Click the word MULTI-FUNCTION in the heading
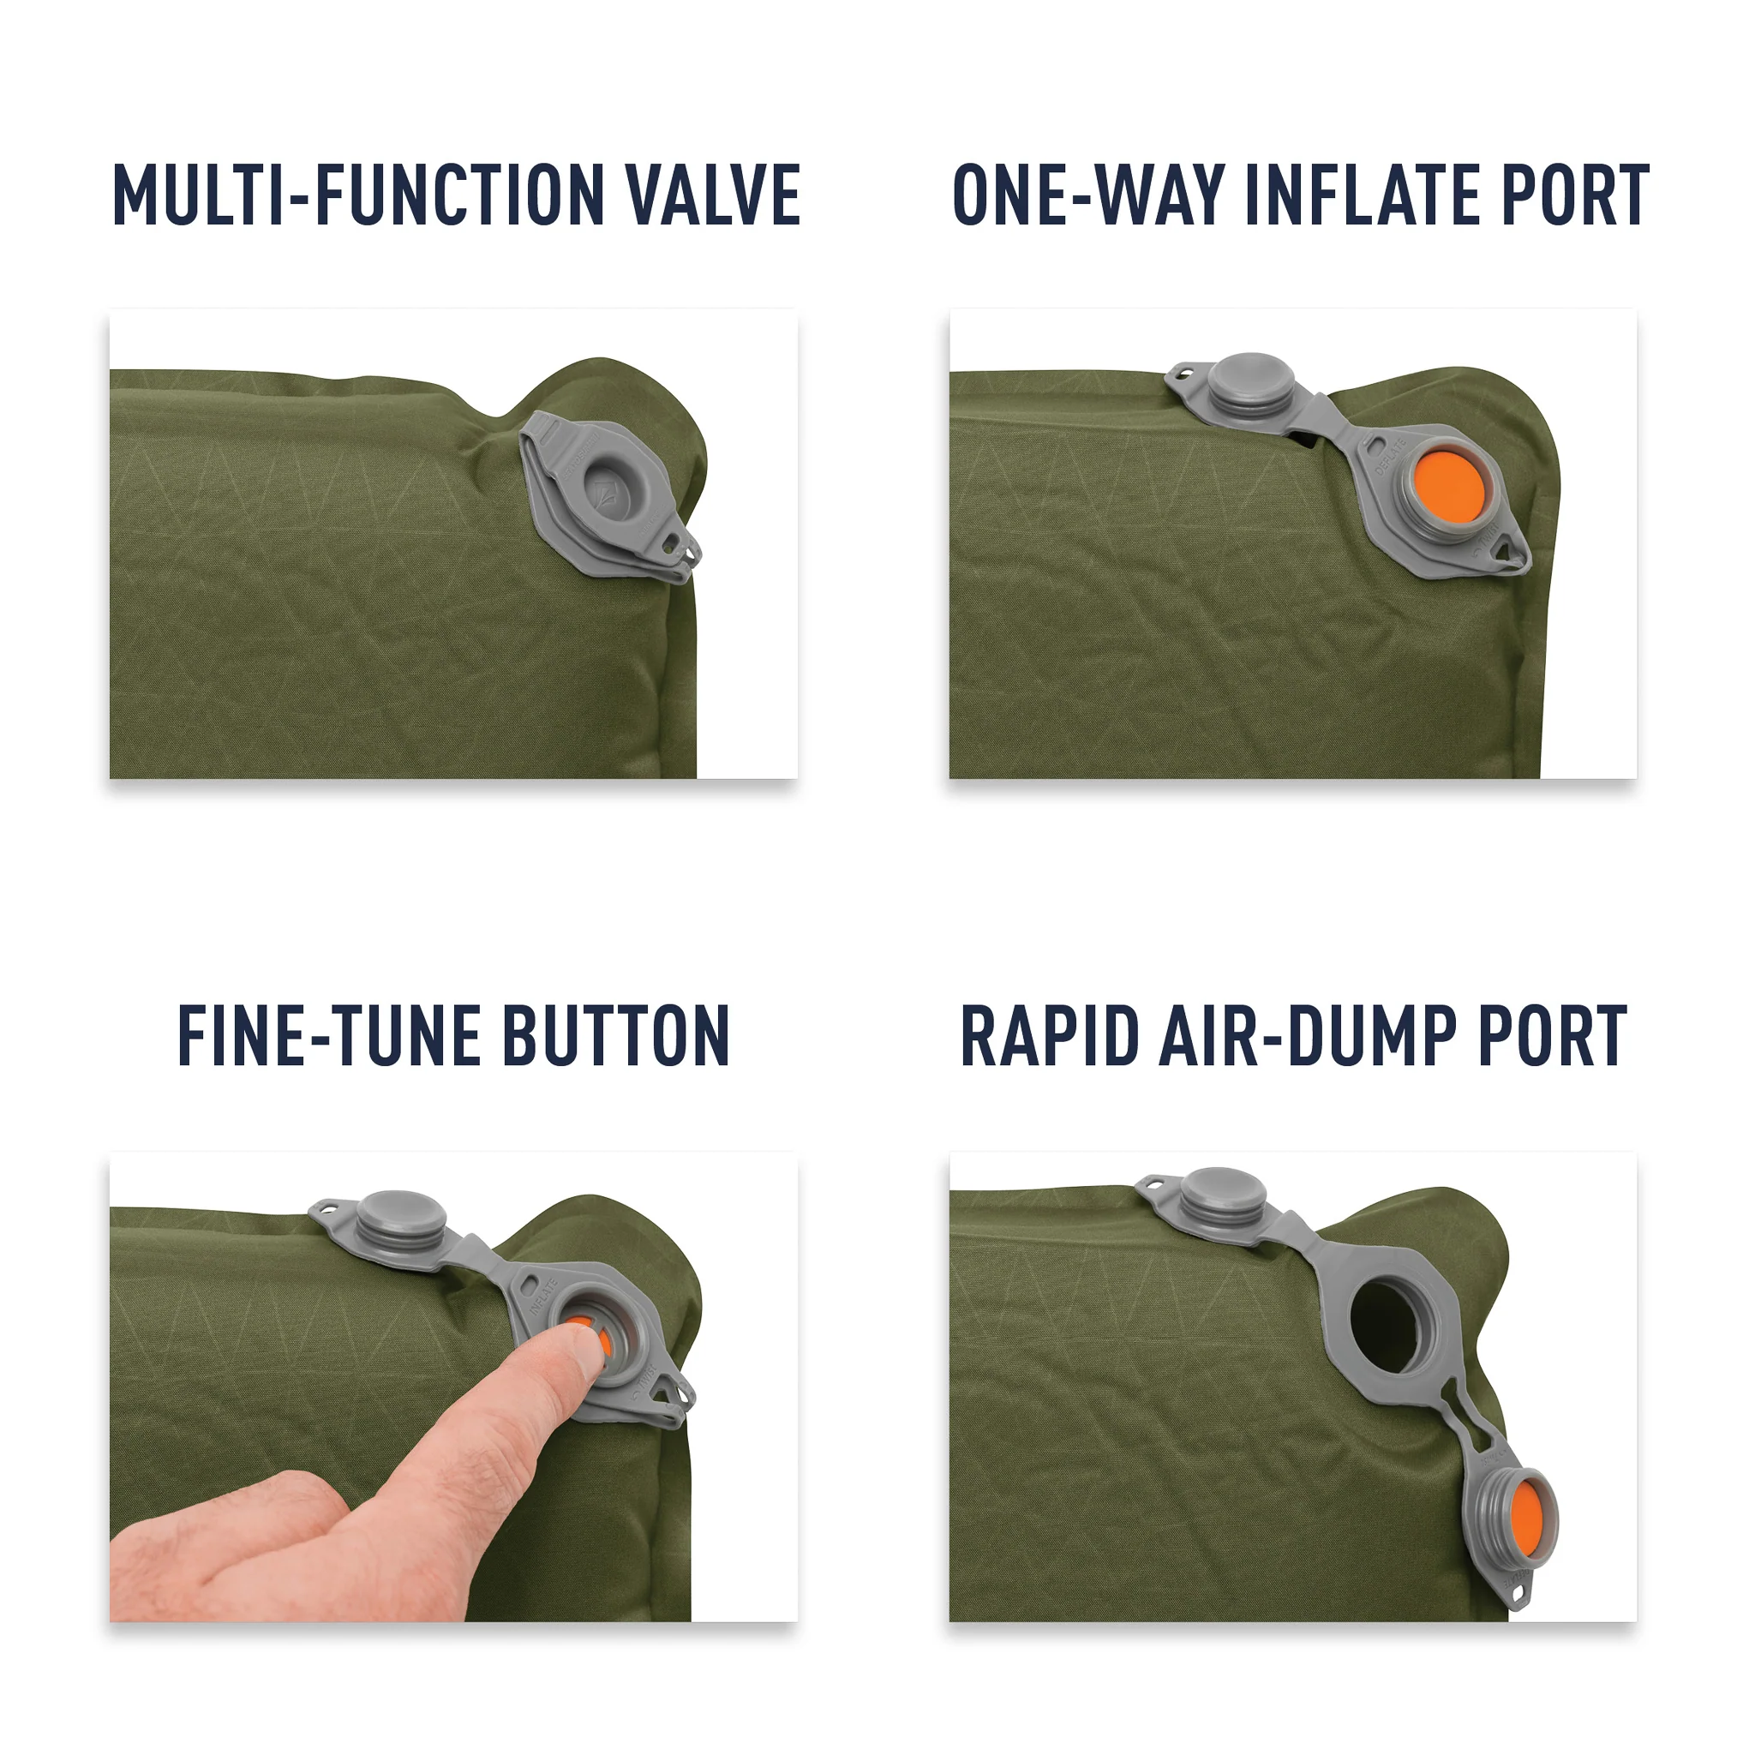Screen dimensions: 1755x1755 (356, 195)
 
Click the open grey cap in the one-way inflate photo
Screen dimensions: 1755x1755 (1252, 381)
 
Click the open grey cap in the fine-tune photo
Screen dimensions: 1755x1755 (400, 1217)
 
